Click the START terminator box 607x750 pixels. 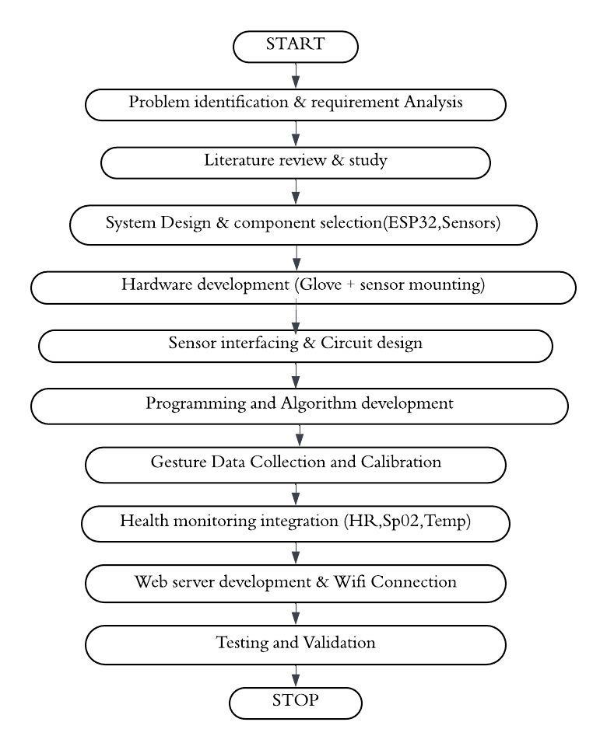point(296,47)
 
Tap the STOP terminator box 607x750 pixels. point(296,703)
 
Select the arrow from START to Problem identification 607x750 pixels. point(296,75)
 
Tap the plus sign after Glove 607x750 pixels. point(351,285)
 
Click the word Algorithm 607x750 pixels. point(318,403)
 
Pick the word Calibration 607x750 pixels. point(401,462)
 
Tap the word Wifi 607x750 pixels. point(349,581)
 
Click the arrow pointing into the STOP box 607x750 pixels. point(296,676)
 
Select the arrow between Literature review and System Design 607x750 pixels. point(296,192)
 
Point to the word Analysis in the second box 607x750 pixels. point(433,102)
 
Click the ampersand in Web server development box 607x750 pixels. point(322,581)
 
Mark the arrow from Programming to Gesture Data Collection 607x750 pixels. point(300,435)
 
